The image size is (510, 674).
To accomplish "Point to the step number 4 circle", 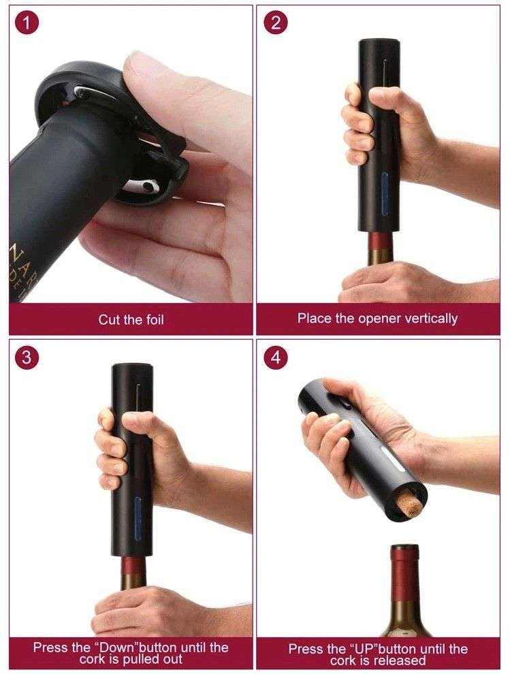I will (275, 358).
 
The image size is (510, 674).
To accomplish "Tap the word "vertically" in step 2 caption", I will (429, 318).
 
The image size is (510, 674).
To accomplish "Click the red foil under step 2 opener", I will (382, 243).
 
